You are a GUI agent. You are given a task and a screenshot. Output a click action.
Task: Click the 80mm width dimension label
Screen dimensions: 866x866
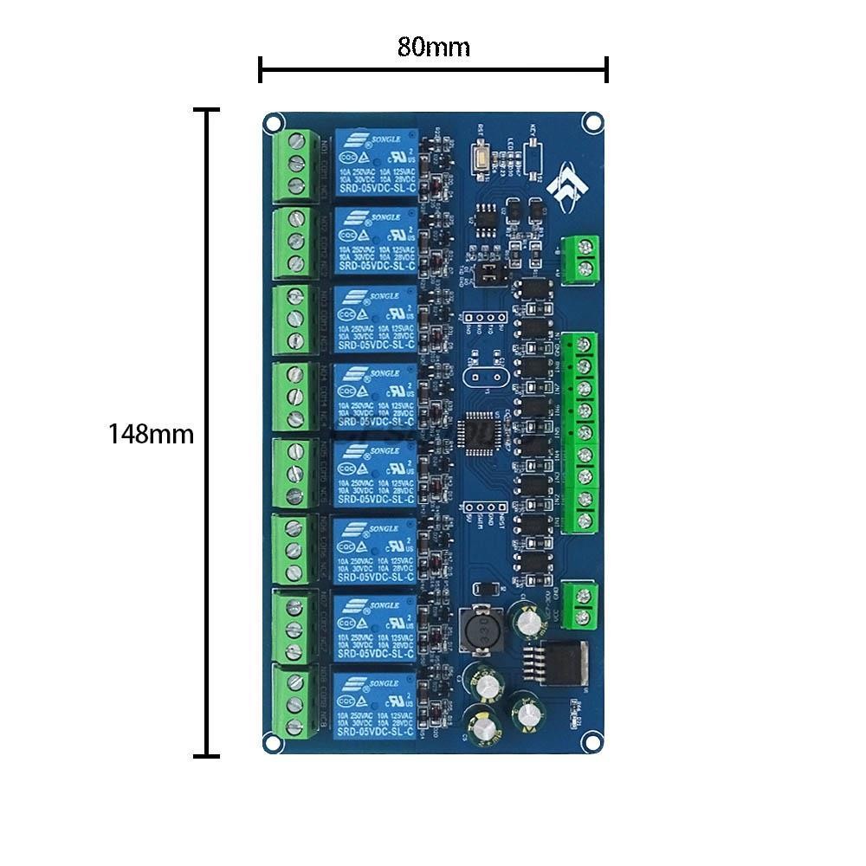point(433,47)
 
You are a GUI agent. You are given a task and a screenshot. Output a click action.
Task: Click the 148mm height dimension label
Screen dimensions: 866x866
point(151,434)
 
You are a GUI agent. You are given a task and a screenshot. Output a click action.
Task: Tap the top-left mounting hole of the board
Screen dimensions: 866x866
point(273,122)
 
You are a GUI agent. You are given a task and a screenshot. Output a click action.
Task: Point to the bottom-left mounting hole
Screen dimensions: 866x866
point(273,742)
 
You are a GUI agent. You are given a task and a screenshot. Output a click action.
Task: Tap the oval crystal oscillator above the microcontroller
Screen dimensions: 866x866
point(482,378)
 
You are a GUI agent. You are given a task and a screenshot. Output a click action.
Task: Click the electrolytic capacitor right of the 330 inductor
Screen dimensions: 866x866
point(527,622)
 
